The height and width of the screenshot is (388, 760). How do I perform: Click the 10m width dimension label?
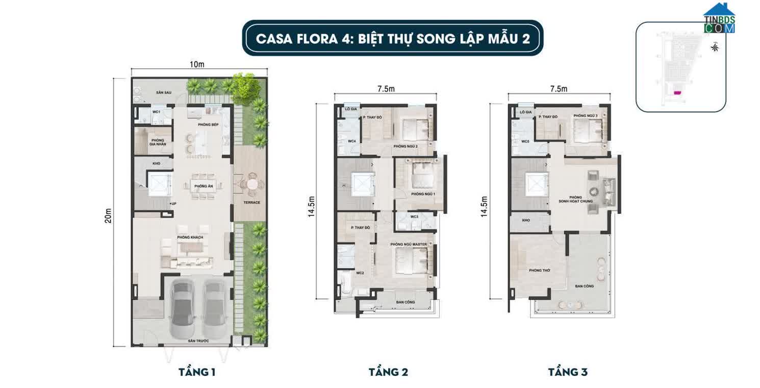(x=197, y=64)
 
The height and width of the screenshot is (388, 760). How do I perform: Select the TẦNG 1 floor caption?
(x=197, y=372)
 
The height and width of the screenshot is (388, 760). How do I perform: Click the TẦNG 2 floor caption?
(x=388, y=372)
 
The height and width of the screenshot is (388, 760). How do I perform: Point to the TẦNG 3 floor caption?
(x=568, y=372)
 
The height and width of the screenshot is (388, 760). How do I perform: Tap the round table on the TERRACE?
(x=252, y=184)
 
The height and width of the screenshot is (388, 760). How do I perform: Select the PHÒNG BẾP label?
(x=208, y=125)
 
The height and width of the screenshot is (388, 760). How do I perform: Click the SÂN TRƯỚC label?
(x=198, y=341)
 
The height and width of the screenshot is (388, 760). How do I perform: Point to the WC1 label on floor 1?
(x=157, y=111)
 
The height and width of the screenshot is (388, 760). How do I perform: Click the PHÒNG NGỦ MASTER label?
(x=408, y=245)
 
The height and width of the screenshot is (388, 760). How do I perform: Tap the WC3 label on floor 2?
(x=414, y=217)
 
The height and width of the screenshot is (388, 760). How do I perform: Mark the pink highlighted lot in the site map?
(x=677, y=93)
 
